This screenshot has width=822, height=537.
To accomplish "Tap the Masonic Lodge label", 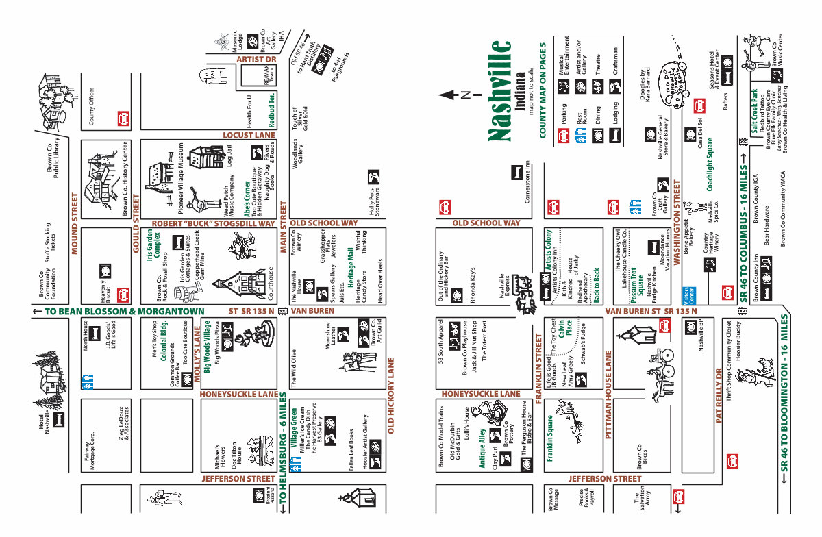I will click(237, 42).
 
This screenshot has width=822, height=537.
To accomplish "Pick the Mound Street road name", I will click(75, 222).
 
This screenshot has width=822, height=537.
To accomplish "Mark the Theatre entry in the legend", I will click(597, 60).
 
